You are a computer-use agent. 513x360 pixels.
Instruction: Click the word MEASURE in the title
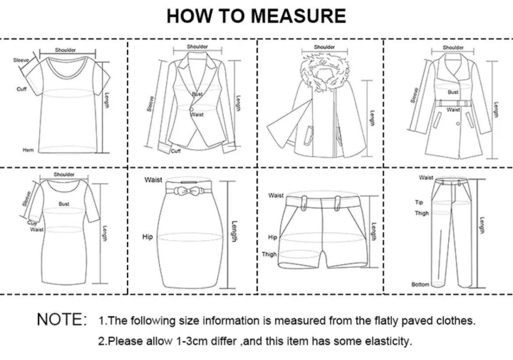299,16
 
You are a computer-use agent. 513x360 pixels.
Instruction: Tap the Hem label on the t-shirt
28,150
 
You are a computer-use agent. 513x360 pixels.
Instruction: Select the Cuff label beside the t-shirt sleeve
21,89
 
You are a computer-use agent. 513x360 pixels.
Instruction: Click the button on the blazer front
192,109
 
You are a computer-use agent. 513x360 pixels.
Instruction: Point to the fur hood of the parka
324,74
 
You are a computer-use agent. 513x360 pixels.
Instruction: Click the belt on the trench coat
453,103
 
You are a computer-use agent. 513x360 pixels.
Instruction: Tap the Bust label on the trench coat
453,92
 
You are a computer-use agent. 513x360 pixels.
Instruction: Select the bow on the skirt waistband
186,190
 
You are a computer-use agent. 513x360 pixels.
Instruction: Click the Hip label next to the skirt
147,237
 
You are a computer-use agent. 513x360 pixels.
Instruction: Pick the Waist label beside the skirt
153,180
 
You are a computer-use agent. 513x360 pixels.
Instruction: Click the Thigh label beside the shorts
269,254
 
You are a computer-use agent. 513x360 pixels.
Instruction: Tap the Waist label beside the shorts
276,196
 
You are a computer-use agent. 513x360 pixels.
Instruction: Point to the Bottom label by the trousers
420,285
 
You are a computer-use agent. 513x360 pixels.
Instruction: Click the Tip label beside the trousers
419,202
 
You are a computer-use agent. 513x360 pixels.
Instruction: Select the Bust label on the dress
64,204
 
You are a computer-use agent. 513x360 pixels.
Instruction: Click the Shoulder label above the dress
64,175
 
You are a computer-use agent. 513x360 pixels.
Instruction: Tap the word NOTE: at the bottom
62,319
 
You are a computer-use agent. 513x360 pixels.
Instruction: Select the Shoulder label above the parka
324,47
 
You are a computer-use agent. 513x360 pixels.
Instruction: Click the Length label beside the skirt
234,232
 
